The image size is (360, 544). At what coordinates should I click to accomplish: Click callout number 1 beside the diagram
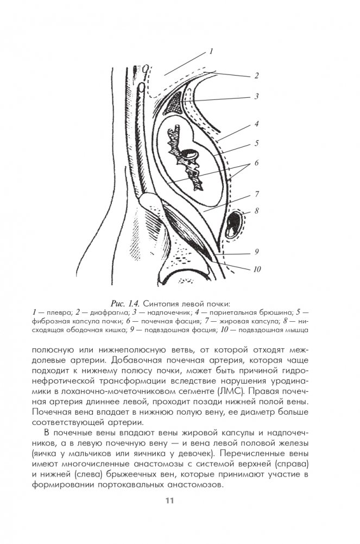coord(211,52)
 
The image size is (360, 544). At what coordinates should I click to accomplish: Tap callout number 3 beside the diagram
coord(256,97)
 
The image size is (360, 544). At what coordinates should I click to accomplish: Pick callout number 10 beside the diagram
coord(257,268)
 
